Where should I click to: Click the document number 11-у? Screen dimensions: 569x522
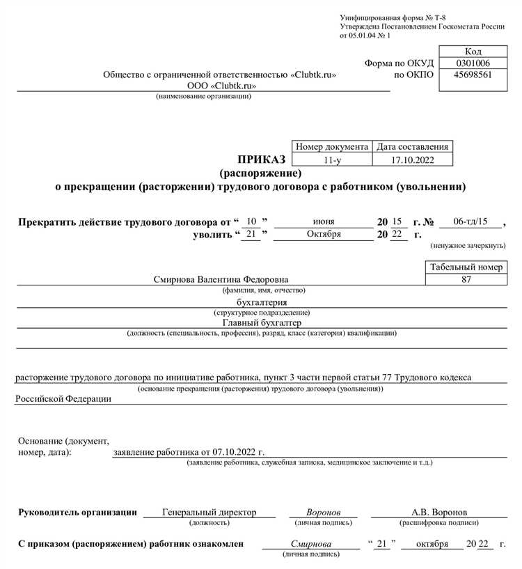[x=333, y=159]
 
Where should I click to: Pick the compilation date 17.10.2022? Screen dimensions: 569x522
[x=412, y=159]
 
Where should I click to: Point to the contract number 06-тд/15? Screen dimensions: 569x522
[x=470, y=221]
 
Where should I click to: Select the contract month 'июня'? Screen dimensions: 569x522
[x=324, y=221]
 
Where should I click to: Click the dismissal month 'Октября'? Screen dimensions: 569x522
[x=324, y=234]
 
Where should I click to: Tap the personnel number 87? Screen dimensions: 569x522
[x=466, y=279]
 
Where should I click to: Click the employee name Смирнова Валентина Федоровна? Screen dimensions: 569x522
[x=220, y=279]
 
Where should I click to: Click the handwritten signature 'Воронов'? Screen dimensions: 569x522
[x=323, y=512]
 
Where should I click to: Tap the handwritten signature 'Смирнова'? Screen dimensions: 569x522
[x=311, y=543]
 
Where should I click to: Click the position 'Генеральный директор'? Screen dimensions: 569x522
[x=209, y=512]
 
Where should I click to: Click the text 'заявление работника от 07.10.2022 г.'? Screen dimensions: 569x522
[x=189, y=452]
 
